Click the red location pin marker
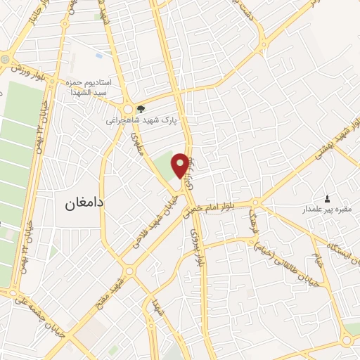181,165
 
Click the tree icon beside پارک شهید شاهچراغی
141,109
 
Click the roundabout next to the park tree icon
127,109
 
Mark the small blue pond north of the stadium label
98,54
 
